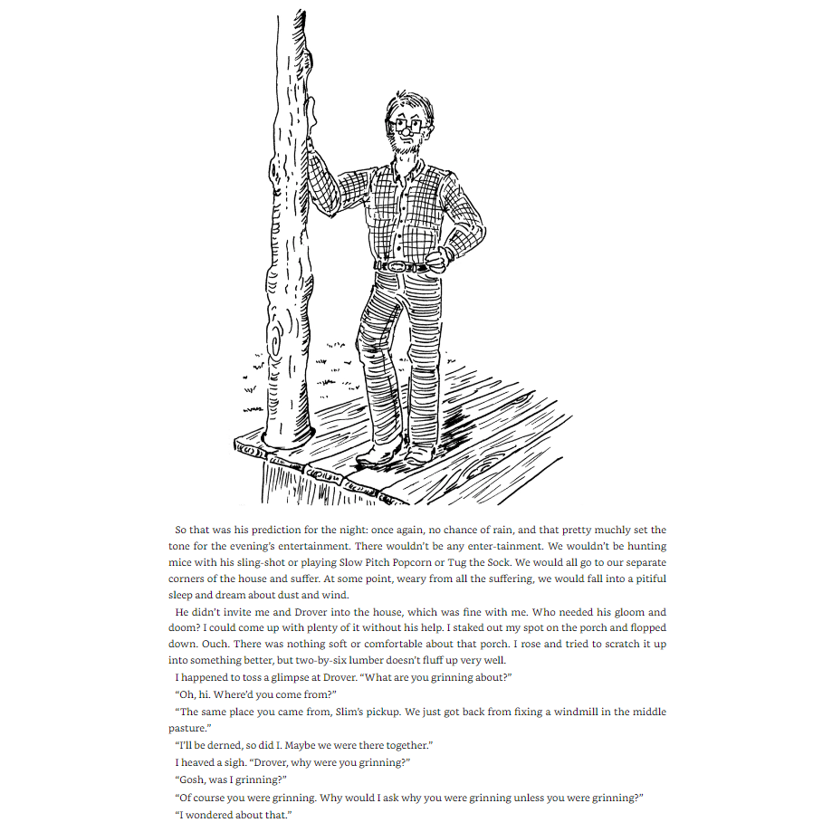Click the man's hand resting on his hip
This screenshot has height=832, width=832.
coord(438,261)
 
